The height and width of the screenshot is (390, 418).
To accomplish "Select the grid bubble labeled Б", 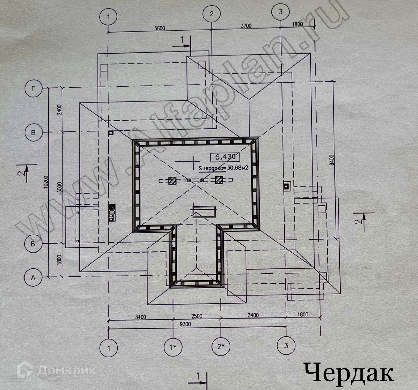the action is (33, 244).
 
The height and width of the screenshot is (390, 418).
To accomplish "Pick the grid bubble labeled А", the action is (33, 277).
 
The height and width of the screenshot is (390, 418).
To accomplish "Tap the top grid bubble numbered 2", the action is (211, 14).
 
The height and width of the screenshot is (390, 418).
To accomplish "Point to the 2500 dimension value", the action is (196, 316).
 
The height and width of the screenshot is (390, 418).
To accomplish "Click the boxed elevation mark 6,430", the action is (225, 157).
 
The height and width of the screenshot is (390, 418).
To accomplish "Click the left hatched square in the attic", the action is (172, 180).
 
